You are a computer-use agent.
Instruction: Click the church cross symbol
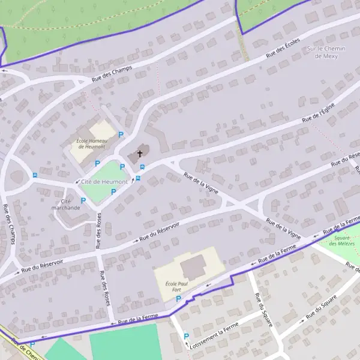tap(140, 154)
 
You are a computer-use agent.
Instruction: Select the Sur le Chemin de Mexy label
tap(326, 52)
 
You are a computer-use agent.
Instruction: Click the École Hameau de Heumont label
tap(91, 144)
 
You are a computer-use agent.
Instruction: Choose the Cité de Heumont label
tap(104, 182)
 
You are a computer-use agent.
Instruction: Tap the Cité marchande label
tap(66, 204)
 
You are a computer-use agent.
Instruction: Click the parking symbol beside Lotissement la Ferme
tap(186, 337)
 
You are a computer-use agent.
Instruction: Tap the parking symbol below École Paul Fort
tap(178, 298)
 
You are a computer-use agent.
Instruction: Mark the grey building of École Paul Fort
tap(193, 266)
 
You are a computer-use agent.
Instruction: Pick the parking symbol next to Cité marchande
tap(83, 200)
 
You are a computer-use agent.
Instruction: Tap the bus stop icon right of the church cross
tap(142, 167)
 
